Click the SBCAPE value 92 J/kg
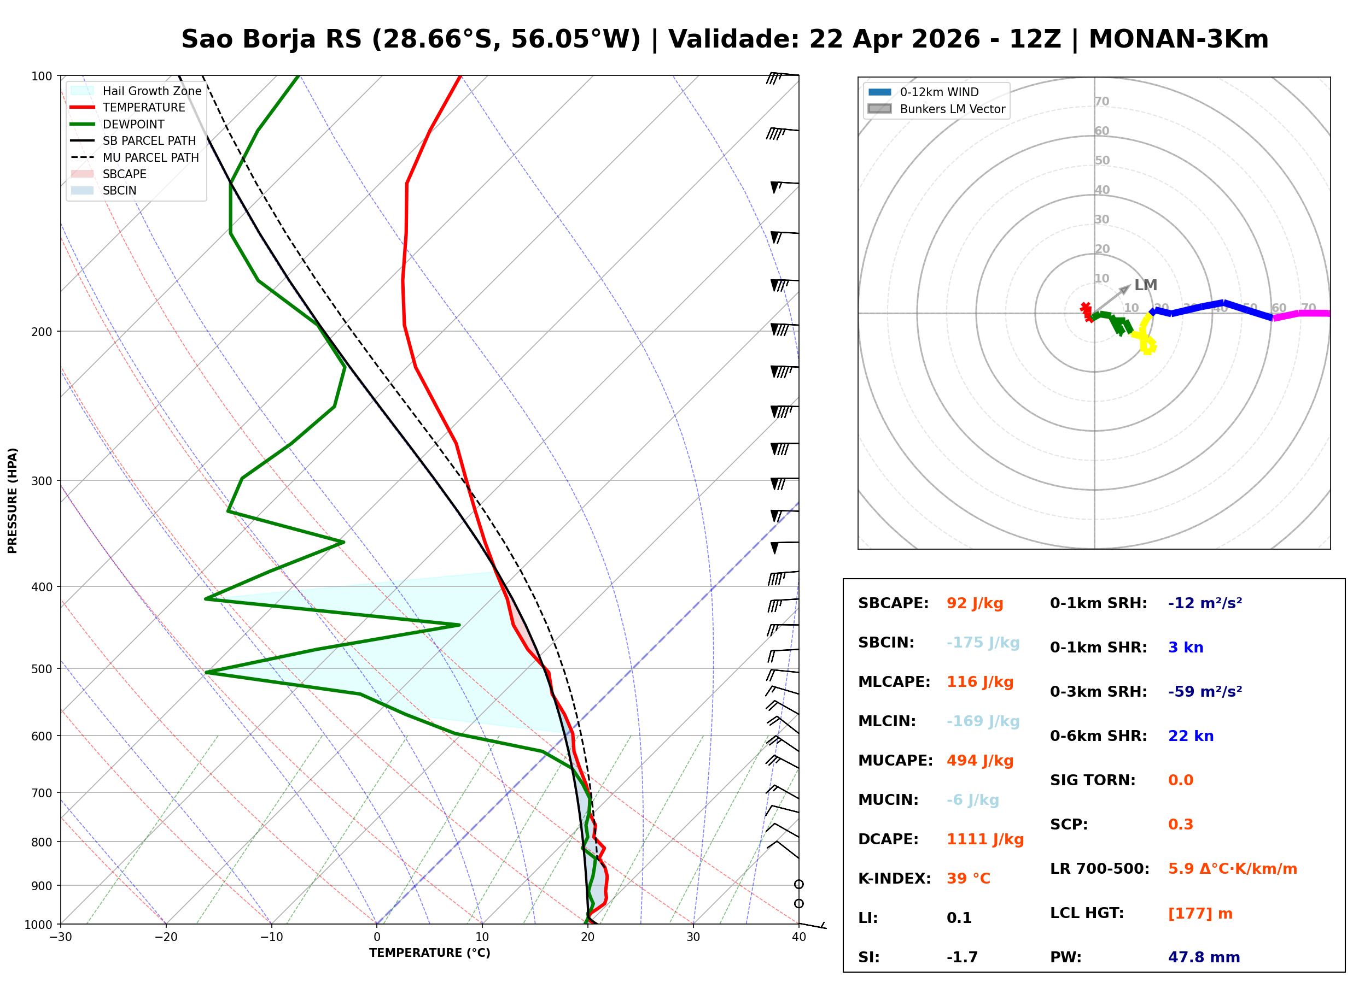(x=975, y=603)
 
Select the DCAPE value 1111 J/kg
(x=985, y=839)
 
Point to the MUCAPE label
(x=895, y=761)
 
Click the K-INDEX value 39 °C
(x=968, y=879)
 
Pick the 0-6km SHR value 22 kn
(x=1191, y=736)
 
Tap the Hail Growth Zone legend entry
(x=151, y=91)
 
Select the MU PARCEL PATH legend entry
(x=150, y=157)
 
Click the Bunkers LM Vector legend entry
(x=952, y=109)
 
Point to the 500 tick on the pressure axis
(x=42, y=669)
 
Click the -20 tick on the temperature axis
(x=165, y=938)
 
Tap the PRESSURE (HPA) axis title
(x=13, y=501)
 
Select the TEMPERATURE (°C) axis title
(x=429, y=954)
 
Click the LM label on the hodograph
(x=1145, y=285)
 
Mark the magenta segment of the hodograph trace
(x=1302, y=314)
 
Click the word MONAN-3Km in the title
(x=1178, y=39)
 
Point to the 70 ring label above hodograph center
(x=1101, y=101)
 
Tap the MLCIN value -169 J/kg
(x=982, y=721)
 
